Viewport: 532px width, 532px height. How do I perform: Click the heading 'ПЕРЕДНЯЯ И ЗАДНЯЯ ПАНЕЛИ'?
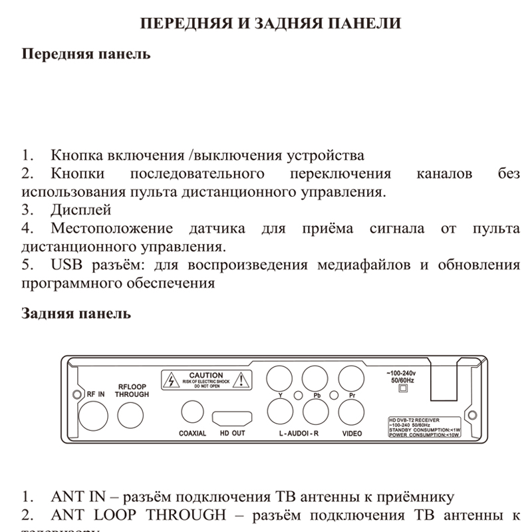click(271, 24)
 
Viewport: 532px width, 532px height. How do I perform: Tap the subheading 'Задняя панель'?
click(76, 313)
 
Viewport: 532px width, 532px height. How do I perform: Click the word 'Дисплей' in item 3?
click(80, 210)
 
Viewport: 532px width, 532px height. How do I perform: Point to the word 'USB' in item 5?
click(65, 265)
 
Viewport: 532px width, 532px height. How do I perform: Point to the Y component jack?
click(280, 381)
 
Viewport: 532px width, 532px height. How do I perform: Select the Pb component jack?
click(316, 381)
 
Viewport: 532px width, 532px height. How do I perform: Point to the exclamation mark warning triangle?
click(244, 381)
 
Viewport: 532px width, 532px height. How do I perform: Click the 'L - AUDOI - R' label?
click(299, 434)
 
